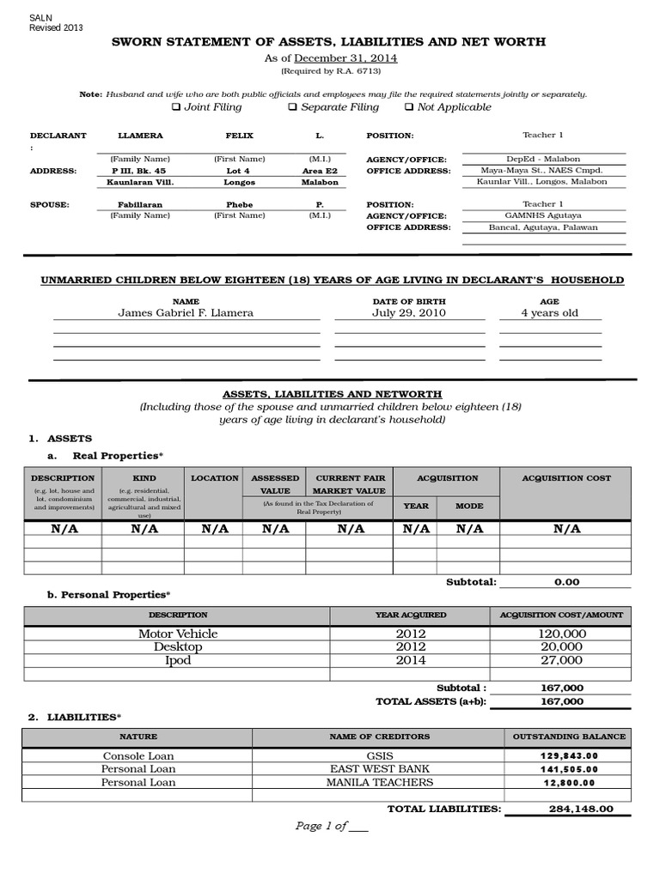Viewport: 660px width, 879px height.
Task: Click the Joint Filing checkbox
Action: coord(176,107)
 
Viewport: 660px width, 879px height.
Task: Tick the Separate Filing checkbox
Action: coord(292,107)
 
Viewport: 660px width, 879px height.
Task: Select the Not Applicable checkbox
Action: coord(408,107)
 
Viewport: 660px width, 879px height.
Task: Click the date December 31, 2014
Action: coord(345,58)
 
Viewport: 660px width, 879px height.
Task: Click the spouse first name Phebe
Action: coord(239,205)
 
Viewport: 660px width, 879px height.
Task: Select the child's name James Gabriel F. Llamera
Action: coord(186,313)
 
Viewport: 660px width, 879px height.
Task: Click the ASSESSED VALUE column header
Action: coord(274,484)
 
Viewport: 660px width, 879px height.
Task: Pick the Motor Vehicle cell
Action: coord(178,633)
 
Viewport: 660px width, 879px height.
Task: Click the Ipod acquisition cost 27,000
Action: coord(560,660)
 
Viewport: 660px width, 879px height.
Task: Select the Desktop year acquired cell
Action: coord(411,646)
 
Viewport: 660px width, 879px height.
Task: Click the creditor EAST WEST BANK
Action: coord(379,769)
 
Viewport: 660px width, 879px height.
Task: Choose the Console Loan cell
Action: coord(138,756)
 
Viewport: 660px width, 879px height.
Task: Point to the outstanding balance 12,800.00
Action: coord(568,783)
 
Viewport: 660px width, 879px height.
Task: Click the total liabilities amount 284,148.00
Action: coord(580,809)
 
